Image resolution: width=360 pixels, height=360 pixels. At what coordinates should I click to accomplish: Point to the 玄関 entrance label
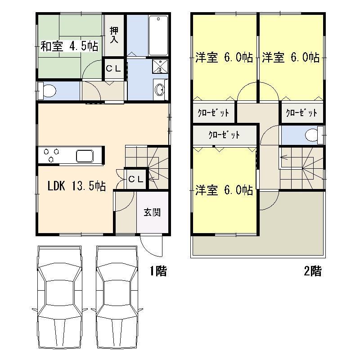[152, 212]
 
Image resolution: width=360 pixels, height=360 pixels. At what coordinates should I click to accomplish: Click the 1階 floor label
[158, 271]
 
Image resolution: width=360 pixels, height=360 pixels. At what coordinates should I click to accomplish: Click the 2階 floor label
[313, 271]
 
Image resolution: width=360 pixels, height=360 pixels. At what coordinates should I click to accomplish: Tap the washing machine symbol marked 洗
[160, 66]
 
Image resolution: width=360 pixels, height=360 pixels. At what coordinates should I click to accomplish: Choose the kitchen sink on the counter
[85, 156]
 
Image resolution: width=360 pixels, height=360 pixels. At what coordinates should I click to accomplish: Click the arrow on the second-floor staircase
[284, 157]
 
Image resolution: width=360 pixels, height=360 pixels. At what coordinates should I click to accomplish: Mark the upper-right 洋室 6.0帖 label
[291, 58]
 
